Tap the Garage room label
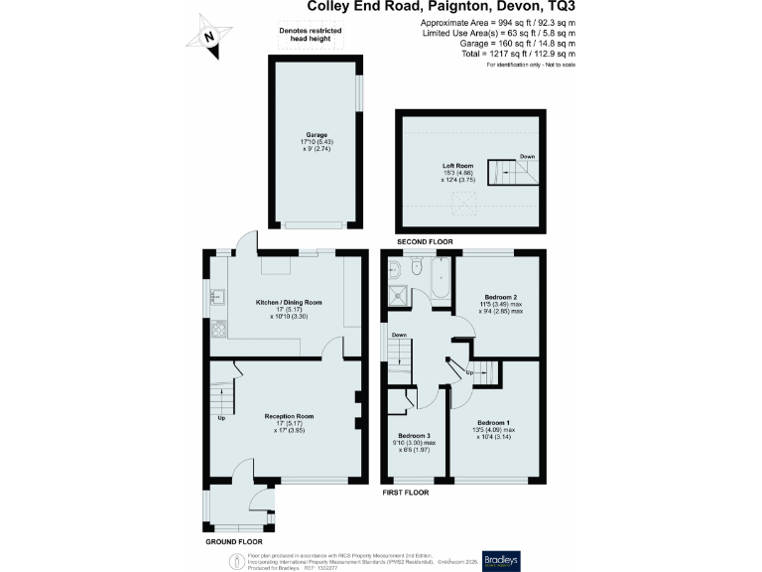pyautogui.click(x=316, y=134)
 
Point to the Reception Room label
pyautogui.click(x=289, y=416)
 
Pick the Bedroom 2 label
pyautogui.click(x=501, y=296)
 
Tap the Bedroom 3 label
pyautogui.click(x=414, y=436)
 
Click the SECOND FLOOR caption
pyautogui.click(x=425, y=242)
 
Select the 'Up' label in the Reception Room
pyautogui.click(x=221, y=418)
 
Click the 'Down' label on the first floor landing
pyautogui.click(x=398, y=335)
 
